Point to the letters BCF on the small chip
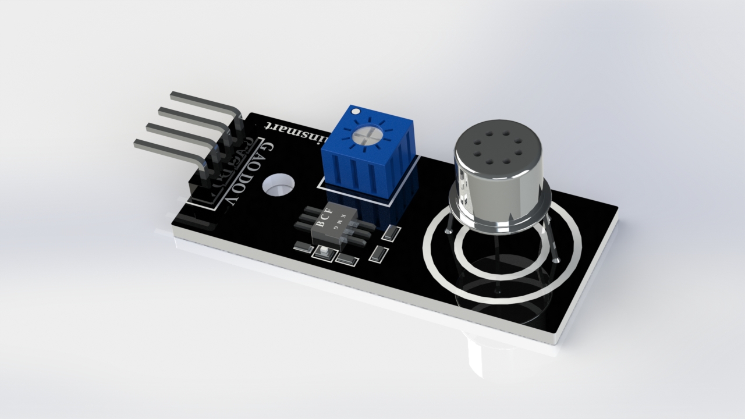(323, 218)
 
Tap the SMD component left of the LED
(303, 247)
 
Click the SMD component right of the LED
(347, 260)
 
